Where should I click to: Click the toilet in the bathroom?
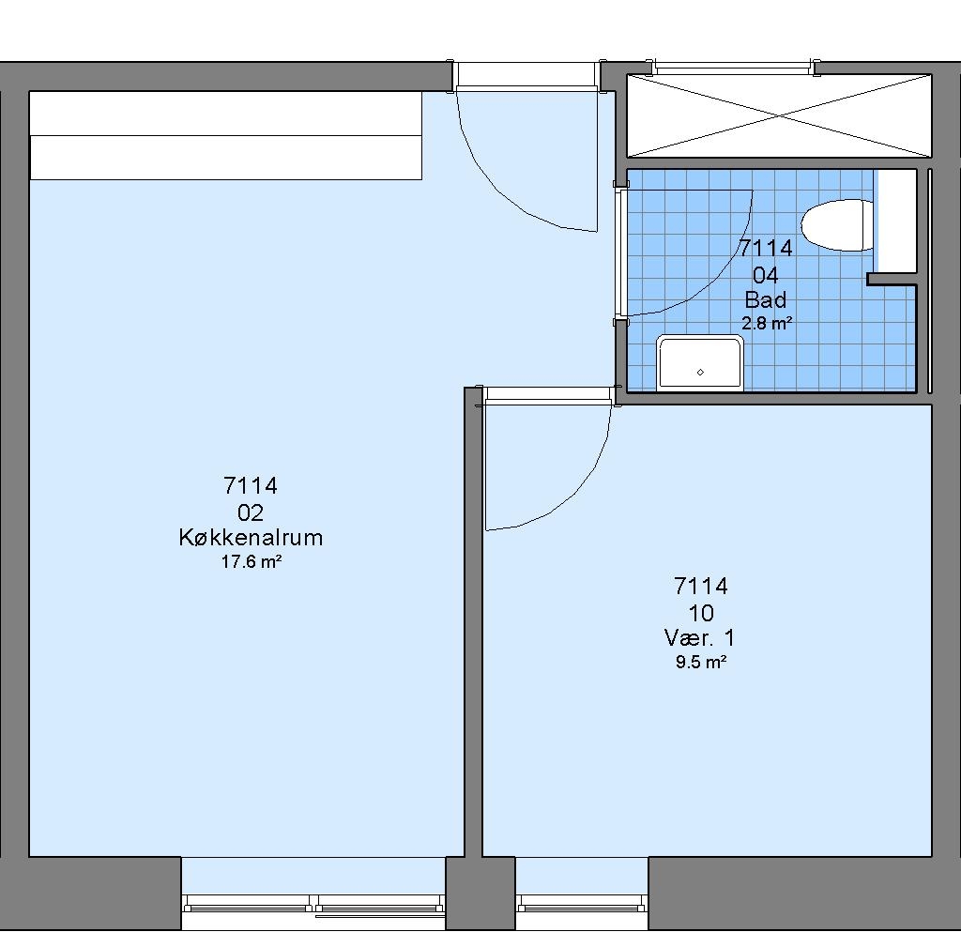click(837, 225)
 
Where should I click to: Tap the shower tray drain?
click(700, 372)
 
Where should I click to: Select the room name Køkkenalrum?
click(251, 538)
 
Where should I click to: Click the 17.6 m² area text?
click(252, 561)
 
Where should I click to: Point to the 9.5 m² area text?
click(701, 662)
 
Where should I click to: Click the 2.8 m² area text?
click(767, 323)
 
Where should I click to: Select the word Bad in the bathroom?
click(766, 299)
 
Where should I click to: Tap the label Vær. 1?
click(699, 638)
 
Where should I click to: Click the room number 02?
click(251, 512)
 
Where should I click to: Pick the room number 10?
click(701, 613)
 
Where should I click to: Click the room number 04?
click(766, 275)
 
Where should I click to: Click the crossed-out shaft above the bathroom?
click(779, 115)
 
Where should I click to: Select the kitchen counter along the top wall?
click(225, 135)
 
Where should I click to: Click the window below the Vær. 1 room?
click(582, 903)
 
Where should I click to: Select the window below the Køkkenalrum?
click(313, 904)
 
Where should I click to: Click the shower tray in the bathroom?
click(700, 362)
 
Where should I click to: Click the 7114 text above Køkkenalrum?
click(251, 486)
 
